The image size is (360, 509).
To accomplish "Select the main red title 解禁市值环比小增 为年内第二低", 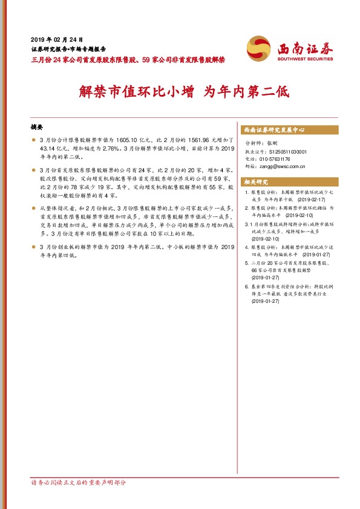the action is pos(185,92).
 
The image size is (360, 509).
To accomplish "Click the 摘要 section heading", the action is pos(38,128).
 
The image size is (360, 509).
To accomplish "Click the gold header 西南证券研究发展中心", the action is pos(273,130).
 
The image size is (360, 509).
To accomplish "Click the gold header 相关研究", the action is pos(255,181).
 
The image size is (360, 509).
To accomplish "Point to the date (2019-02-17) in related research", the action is pos(310,198).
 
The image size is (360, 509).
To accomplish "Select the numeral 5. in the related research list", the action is pos(246,264).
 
